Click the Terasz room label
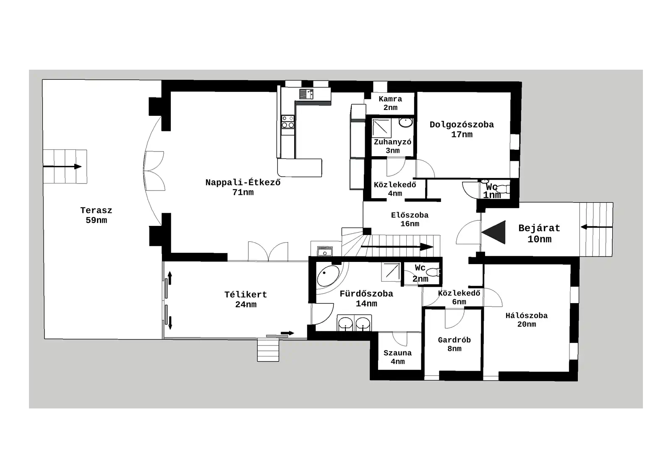[96, 215]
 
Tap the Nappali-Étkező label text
[243, 187]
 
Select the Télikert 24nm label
[246, 299]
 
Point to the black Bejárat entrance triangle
[495, 232]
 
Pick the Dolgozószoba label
[462, 129]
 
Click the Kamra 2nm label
[390, 103]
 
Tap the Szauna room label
[397, 357]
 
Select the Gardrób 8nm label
[454, 344]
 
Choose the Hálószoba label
[526, 319]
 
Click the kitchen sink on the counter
[306, 94]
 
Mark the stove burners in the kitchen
[287, 122]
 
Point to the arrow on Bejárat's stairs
[596, 227]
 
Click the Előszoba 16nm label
[410, 219]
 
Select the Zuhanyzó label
[392, 146]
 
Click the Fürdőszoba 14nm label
[366, 298]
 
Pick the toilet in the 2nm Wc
[433, 272]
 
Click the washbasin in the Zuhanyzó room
[405, 122]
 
